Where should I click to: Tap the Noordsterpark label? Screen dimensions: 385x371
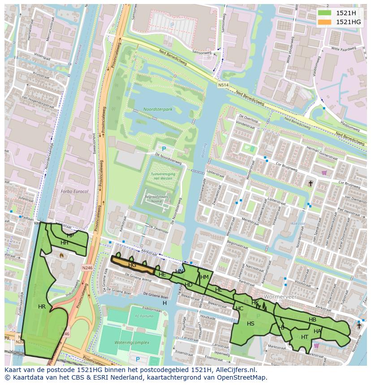coord(158,109)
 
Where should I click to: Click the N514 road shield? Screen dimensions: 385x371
coord(223,85)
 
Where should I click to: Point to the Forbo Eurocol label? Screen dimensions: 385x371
coord(74,191)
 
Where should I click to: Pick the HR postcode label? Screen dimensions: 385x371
coord(42,307)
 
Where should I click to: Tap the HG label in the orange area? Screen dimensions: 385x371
coord(132,265)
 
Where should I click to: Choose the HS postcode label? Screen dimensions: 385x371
coord(250,324)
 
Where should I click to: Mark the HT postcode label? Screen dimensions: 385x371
coord(305,337)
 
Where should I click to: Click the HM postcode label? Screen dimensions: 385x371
coord(204,277)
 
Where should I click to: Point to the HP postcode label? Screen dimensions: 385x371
coord(70,236)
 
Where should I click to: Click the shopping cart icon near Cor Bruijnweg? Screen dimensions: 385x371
coord(324,173)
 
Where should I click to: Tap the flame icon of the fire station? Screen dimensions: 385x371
coord(61,254)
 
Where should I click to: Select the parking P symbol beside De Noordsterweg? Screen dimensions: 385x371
coord(164,149)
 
